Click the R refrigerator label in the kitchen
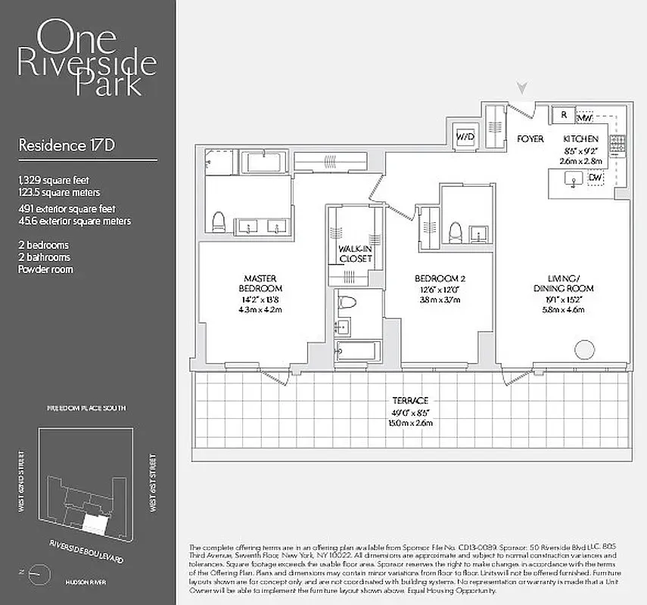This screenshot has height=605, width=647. tap(564, 115)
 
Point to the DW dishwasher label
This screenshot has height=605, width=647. tap(596, 177)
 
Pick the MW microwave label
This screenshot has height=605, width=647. tap(584, 119)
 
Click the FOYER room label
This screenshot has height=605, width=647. tap(530, 139)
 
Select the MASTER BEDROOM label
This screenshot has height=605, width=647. tap(262, 284)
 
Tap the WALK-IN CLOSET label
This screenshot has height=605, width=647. tap(355, 253)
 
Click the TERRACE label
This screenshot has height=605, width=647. tap(410, 399)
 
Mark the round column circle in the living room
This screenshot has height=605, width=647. tap(584, 350)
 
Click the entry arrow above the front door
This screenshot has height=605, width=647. tap(522, 90)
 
